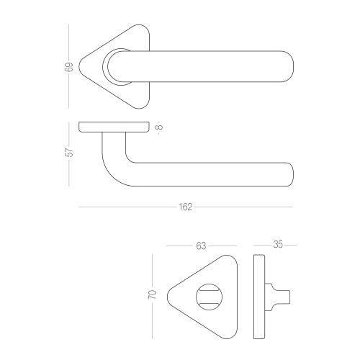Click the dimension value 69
(x=69, y=67)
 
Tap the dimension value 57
(x=69, y=152)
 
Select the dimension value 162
(x=186, y=207)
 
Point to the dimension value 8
(x=159, y=127)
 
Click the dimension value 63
(x=201, y=246)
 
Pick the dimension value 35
(x=278, y=245)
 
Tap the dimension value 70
(x=152, y=294)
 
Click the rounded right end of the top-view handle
(x=289, y=66)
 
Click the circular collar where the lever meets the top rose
(x=104, y=66)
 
